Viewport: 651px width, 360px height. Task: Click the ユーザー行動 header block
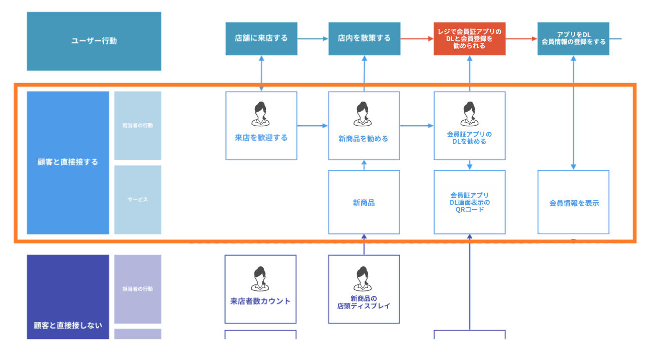(94, 41)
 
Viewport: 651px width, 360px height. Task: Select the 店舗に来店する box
(261, 38)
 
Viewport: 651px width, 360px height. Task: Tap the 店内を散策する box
(364, 38)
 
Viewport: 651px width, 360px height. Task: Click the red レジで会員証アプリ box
(469, 39)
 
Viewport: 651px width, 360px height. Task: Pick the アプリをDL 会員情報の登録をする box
(573, 38)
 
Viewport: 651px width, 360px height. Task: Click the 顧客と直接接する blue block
(68, 162)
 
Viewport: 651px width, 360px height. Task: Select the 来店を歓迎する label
(261, 138)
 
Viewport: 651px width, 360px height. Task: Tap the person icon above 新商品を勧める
(364, 114)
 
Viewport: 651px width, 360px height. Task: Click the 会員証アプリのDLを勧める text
(469, 138)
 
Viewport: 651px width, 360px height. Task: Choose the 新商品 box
(364, 202)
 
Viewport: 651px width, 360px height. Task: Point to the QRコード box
(469, 202)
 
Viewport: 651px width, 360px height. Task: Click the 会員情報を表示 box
(573, 202)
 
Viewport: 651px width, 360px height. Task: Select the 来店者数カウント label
(260, 301)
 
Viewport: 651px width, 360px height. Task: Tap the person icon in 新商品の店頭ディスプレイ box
(364, 278)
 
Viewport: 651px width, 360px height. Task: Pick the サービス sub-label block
(138, 200)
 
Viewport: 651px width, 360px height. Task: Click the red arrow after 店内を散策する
(417, 38)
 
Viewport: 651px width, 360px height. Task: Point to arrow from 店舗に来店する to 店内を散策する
(313, 38)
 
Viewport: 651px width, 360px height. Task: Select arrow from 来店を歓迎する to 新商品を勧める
(312, 126)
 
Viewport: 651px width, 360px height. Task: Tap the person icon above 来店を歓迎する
(260, 114)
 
